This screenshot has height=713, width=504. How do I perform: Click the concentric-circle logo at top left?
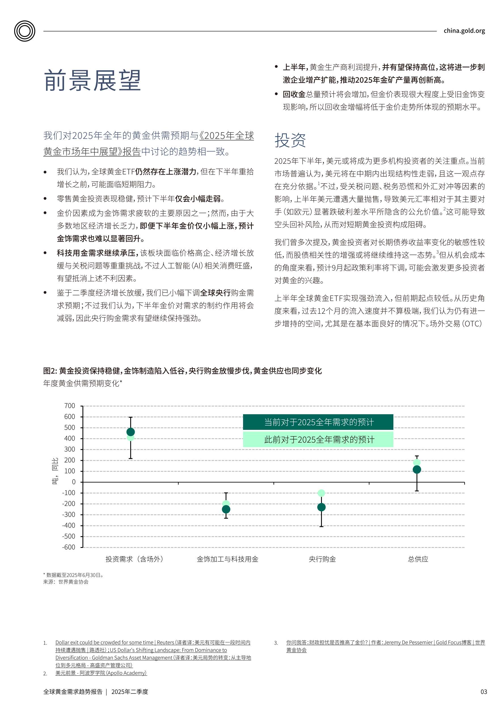(x=24, y=31)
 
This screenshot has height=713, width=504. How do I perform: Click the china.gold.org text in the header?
(x=464, y=31)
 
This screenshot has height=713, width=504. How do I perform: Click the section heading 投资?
(x=290, y=140)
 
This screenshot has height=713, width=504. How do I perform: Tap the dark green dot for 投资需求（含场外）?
(x=131, y=432)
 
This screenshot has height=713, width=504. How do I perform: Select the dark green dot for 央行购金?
(x=321, y=507)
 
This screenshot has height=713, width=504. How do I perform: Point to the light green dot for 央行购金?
(x=321, y=493)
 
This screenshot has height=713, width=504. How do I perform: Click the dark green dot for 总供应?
(x=417, y=470)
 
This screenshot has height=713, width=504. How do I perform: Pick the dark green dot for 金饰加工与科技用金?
(x=226, y=509)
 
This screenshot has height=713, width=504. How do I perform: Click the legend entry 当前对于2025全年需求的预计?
(x=318, y=422)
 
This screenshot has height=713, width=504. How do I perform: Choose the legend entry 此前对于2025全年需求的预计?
(x=318, y=439)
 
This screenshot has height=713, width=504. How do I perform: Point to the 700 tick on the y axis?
(x=69, y=405)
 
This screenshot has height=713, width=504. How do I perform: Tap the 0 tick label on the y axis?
(x=73, y=482)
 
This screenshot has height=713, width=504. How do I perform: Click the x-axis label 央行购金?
(x=322, y=559)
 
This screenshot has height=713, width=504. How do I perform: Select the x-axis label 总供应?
(x=418, y=559)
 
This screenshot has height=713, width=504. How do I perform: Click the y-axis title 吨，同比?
(x=55, y=471)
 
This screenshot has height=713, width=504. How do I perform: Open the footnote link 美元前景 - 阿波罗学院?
(x=101, y=673)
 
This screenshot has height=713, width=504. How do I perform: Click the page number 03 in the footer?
(x=484, y=691)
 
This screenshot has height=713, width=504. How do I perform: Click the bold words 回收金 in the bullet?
(x=294, y=94)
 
